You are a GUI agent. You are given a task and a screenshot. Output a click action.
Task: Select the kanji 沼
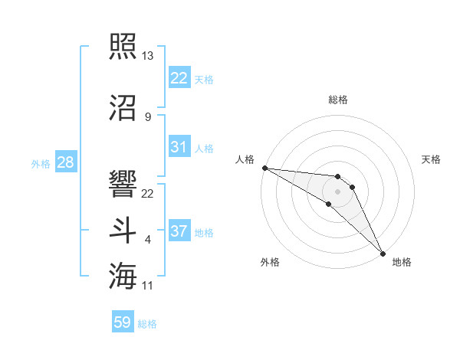[123, 107]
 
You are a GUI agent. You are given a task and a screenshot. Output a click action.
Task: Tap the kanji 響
[123, 185]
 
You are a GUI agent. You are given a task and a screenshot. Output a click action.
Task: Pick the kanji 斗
[123, 231]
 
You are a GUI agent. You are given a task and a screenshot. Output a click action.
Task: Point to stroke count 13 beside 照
[148, 56]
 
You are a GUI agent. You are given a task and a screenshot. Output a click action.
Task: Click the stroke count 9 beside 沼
[147, 117]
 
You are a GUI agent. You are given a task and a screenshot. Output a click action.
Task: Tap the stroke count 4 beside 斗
[147, 241]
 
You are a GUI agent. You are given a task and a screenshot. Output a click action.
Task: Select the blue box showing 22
[179, 78]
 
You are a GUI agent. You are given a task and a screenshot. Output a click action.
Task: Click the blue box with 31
[179, 147]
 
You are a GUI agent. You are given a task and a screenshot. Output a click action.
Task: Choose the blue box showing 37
[179, 231]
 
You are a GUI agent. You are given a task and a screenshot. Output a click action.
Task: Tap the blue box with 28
[65, 162]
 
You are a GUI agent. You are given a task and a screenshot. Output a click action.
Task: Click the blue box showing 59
[123, 322]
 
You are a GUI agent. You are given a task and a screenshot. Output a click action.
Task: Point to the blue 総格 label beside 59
[148, 324]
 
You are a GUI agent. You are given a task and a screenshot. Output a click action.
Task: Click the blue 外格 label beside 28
[41, 164]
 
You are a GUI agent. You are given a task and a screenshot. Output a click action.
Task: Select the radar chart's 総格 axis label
[338, 100]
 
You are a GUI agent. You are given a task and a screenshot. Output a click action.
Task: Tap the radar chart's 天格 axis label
[432, 159]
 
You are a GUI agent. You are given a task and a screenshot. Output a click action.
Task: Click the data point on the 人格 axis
[264, 168]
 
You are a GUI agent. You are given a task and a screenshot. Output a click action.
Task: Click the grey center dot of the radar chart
[338, 191]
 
